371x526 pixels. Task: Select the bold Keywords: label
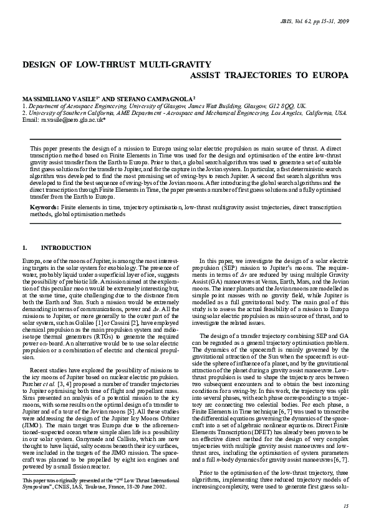click(x=45, y=206)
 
